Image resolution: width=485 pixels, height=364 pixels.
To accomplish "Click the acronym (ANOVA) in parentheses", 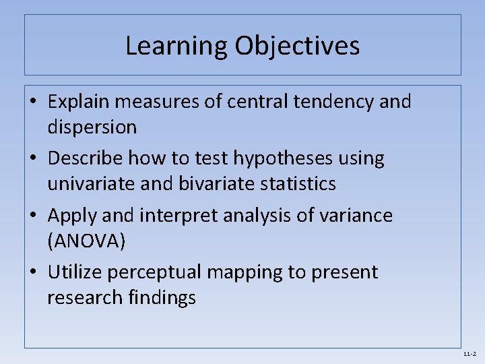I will tap(86, 241).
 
